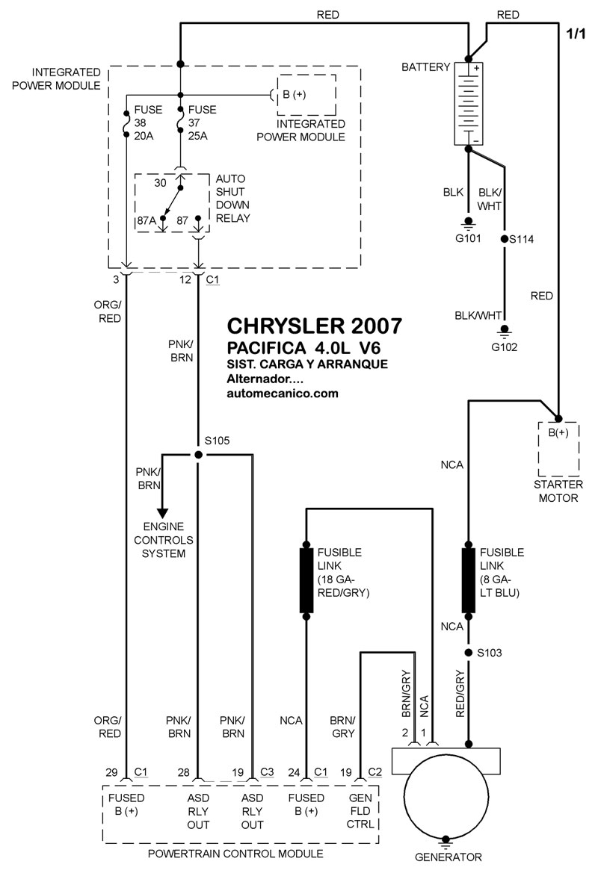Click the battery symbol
[468, 104]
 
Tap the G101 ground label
[468, 238]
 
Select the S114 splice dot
[505, 240]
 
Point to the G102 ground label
[505, 347]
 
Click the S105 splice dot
[198, 455]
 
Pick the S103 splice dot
[468, 653]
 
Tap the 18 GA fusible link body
[306, 581]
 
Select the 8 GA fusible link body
[469, 580]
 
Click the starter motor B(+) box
[558, 448]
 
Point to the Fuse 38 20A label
[148, 122]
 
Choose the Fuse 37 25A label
[202, 122]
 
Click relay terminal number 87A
[147, 220]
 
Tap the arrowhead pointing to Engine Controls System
[162, 513]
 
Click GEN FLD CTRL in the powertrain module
[360, 811]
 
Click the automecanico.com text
[282, 394]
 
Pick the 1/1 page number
[576, 34]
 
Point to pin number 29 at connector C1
[111, 772]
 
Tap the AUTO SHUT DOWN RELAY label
[232, 199]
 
